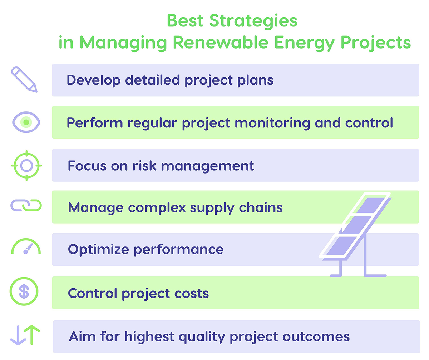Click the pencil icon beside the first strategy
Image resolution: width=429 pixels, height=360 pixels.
24,80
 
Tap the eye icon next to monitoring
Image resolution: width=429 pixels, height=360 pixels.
26,122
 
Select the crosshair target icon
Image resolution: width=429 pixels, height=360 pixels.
26,165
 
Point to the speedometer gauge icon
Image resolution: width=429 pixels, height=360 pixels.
26,247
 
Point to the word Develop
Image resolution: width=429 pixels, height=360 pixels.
94,80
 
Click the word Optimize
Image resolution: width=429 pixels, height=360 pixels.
98,249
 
